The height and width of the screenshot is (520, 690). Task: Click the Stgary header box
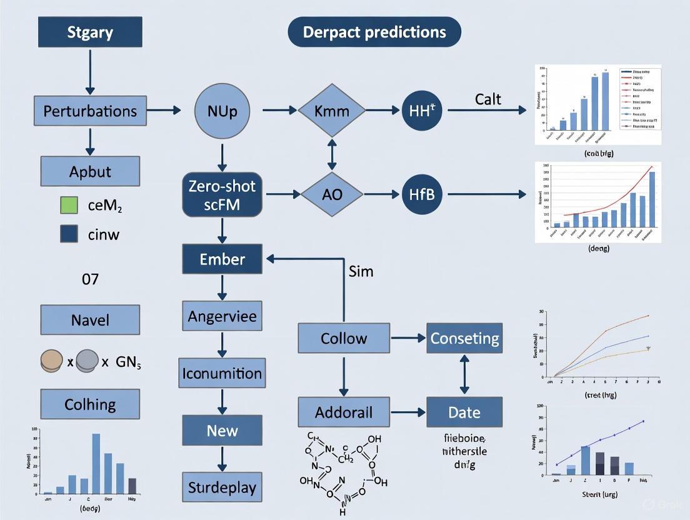[x=90, y=32]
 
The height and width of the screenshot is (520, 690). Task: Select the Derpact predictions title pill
[x=374, y=32]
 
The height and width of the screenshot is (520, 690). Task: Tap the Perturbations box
[x=90, y=111]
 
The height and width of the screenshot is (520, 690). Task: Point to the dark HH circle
[x=422, y=111]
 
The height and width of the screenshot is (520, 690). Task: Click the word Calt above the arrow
[x=488, y=99]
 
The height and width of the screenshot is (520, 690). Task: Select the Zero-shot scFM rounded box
[x=222, y=194]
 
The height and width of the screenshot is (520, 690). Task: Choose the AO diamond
[x=331, y=194]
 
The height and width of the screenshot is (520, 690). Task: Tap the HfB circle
[x=422, y=194]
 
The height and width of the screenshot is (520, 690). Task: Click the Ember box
[x=222, y=259]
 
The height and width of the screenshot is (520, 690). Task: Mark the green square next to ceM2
[x=69, y=204]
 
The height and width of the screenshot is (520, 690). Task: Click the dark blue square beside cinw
[x=69, y=234]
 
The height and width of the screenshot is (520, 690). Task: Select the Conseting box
[x=464, y=338]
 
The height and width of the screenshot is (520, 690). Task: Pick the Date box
[x=464, y=412]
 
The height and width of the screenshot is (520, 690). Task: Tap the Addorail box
[x=344, y=412]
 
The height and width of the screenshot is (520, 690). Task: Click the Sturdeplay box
[x=222, y=487]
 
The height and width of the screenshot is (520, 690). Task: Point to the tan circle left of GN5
[x=52, y=361]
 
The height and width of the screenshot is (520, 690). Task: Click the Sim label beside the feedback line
[x=360, y=271]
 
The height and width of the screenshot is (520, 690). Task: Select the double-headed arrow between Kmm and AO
[x=331, y=153]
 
